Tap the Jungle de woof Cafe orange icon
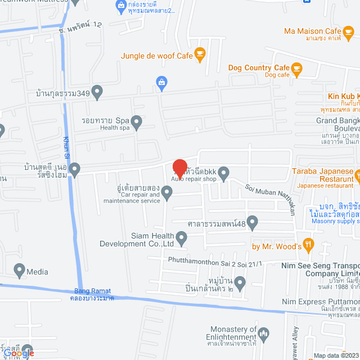[200, 53]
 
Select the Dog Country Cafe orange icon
[296, 68]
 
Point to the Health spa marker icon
[137, 120]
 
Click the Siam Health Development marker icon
[181, 238]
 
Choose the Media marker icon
[19, 271]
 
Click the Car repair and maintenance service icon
[166, 193]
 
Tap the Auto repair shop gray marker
[224, 173]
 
